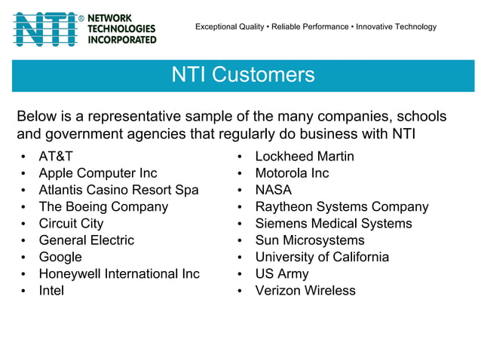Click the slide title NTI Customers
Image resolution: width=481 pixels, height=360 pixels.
tap(243, 75)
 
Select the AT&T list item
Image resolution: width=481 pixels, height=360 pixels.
tap(56, 157)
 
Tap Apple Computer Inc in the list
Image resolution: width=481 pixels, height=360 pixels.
tap(98, 173)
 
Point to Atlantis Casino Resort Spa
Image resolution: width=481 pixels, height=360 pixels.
tap(118, 190)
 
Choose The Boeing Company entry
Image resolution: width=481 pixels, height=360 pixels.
tap(103, 206)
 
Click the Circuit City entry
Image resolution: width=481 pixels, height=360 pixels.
tap(71, 224)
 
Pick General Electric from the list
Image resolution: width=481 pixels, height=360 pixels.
tap(86, 240)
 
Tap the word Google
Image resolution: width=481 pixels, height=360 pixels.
tap(60, 257)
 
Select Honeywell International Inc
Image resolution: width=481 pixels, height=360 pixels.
tap(119, 273)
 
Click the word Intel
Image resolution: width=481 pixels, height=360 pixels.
tap(51, 291)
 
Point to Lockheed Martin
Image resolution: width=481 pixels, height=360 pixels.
tap(305, 157)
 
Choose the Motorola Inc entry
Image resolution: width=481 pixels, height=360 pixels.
tap(292, 173)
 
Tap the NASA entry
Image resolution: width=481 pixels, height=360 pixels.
tap(273, 190)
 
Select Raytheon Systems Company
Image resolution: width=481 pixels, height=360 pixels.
tap(342, 206)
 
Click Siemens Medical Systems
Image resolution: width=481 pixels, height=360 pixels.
tap(333, 224)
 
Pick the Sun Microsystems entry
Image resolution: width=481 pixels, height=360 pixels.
tap(309, 240)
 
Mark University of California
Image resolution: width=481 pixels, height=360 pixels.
tap(322, 257)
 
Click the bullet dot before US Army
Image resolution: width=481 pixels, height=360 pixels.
tap(239, 274)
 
